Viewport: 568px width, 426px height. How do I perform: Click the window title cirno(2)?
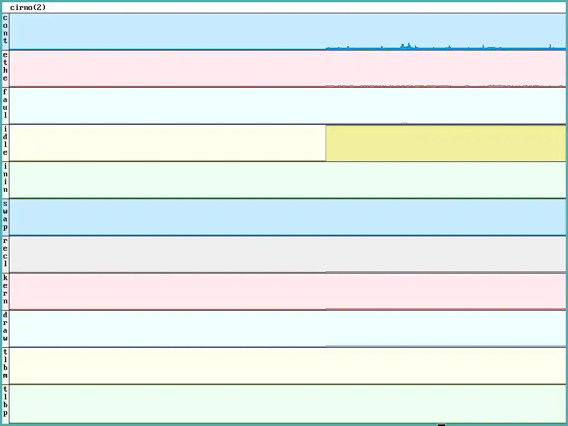(x=28, y=8)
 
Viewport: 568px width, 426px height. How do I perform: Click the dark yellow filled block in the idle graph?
(x=445, y=143)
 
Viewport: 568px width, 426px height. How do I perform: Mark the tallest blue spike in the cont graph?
(x=409, y=45)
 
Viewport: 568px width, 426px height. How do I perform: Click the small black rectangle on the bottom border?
(x=442, y=424)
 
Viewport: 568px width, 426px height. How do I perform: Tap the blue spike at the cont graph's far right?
(x=550, y=47)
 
